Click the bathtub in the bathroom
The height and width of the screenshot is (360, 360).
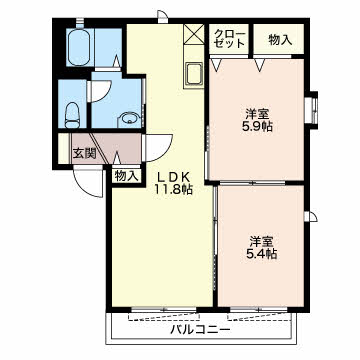[78, 47]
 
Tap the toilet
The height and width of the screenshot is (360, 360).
[72, 115]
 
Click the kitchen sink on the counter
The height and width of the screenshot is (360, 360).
[193, 75]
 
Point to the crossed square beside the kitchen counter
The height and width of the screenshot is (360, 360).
[194, 34]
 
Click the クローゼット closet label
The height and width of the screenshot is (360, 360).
[229, 39]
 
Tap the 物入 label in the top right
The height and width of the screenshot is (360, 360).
[280, 40]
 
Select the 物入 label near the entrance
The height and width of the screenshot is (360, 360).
[126, 176]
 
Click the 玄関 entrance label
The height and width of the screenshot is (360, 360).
[85, 154]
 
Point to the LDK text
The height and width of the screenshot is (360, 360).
[173, 177]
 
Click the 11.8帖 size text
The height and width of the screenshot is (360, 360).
[173, 190]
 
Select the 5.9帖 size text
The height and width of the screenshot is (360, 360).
[257, 126]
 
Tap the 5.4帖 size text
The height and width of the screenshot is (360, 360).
[262, 254]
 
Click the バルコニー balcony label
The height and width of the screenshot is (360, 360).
[201, 330]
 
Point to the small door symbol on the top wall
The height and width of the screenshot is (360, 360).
[162, 17]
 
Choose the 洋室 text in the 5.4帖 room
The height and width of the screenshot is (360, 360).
[262, 241]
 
